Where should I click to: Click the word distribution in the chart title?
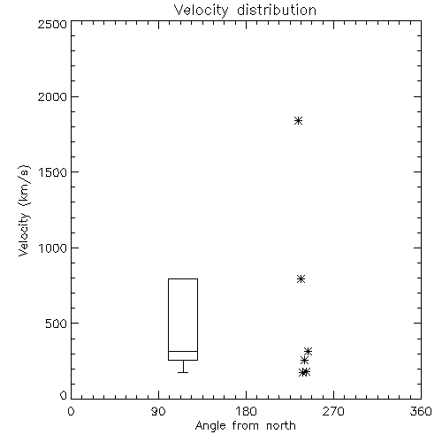(x=277, y=10)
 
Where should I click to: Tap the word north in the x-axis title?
(x=281, y=426)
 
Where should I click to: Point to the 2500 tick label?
(x=52, y=24)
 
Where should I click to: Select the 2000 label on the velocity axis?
(x=52, y=96)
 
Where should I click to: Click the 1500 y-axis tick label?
(x=53, y=172)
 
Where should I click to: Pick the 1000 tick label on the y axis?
(x=53, y=248)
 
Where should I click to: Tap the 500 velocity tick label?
(x=57, y=324)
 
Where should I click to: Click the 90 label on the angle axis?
(x=158, y=411)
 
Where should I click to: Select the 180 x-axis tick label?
(x=246, y=411)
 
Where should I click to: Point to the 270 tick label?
(x=333, y=411)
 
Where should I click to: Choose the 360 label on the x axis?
(x=421, y=411)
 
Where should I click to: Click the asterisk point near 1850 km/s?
(x=298, y=121)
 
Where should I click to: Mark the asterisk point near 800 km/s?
(x=301, y=278)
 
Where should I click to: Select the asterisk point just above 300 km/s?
(x=308, y=351)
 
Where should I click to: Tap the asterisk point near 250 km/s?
(x=304, y=360)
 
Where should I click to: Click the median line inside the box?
(x=183, y=351)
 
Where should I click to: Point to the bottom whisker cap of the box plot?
(x=183, y=373)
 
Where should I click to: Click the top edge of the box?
(x=183, y=278)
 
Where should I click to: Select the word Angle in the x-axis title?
(x=210, y=426)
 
